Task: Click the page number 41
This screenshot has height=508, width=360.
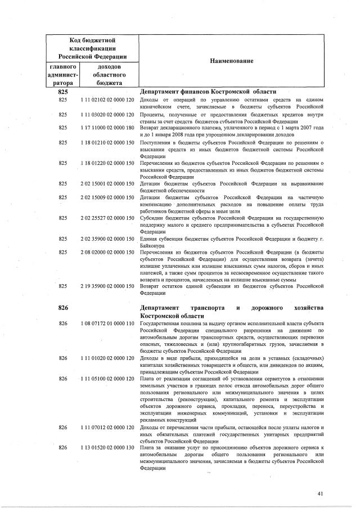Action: click(320, 493)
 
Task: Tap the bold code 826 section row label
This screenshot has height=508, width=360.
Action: click(63, 308)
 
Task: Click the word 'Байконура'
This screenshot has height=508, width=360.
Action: click(154, 245)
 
